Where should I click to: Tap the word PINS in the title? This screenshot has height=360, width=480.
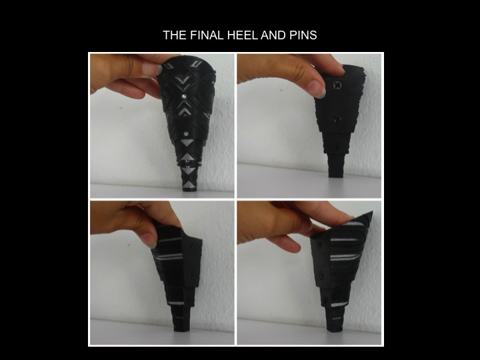pyautogui.click(x=303, y=35)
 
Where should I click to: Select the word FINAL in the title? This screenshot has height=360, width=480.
pyautogui.click(x=207, y=35)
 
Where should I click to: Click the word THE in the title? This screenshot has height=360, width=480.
pyautogui.click(x=175, y=35)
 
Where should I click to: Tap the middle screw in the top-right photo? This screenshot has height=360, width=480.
pyautogui.click(x=337, y=119)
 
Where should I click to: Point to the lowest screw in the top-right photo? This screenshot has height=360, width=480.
pyautogui.click(x=336, y=147)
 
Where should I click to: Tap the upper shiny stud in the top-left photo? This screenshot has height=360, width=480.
pyautogui.click(x=184, y=96)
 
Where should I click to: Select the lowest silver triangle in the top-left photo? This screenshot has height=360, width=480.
pyautogui.click(x=189, y=185)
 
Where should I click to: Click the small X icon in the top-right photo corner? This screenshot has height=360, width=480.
pyautogui.click(x=375, y=60)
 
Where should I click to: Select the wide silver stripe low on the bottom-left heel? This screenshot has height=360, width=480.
pyautogui.click(x=176, y=303)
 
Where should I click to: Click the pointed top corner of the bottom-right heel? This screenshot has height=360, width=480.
pyautogui.click(x=372, y=212)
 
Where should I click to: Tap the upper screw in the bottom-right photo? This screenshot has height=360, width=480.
pyautogui.click(x=320, y=244)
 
